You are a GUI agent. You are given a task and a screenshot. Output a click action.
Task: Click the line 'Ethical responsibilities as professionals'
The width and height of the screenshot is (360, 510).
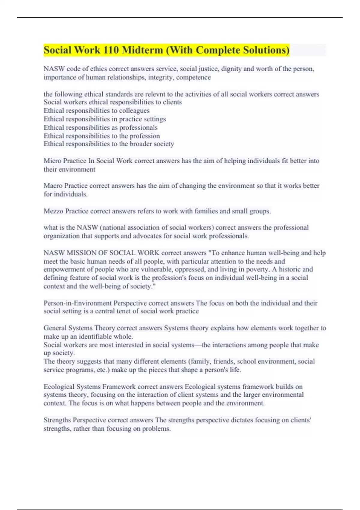tap(100, 127)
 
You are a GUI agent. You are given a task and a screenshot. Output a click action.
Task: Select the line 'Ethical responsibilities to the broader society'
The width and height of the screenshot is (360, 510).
tap(109, 144)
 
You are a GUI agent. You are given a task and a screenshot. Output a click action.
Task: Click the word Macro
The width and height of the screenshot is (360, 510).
tap(53, 186)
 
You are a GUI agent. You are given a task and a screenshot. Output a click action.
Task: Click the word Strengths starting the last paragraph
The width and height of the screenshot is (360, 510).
tap(57, 420)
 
